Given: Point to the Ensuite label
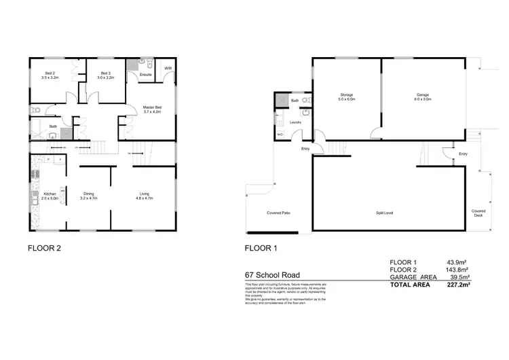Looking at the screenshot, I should point(146,73).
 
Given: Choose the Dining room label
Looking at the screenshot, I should point(90,196).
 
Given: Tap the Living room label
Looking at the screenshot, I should point(144,196).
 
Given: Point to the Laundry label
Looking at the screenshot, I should point(295,122).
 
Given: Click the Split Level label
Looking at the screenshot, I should point(384,213).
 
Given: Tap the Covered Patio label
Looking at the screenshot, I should point(279,213).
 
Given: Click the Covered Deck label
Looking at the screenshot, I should point(478,213).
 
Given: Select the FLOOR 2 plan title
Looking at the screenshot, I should point(44,249).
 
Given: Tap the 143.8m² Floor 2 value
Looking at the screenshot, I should point(453,270).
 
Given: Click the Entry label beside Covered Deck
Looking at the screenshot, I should point(463,154).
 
